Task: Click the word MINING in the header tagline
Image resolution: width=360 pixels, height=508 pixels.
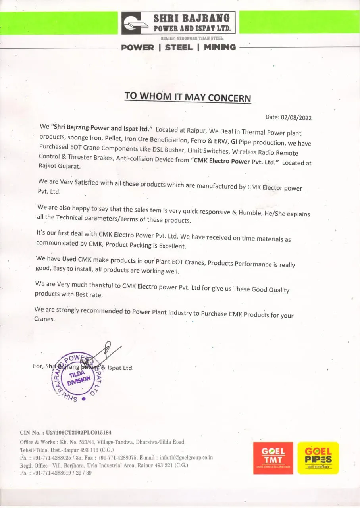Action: (x=220, y=47)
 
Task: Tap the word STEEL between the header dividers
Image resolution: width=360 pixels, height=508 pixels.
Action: (x=179, y=47)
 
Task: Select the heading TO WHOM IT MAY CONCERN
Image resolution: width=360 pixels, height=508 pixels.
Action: (x=188, y=97)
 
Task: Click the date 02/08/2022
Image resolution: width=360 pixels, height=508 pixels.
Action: (x=296, y=117)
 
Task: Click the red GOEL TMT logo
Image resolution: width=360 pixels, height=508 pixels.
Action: (x=273, y=458)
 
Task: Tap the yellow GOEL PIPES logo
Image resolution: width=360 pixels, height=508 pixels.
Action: (x=318, y=458)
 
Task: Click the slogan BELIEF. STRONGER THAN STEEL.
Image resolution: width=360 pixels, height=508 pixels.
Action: (x=192, y=38)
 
